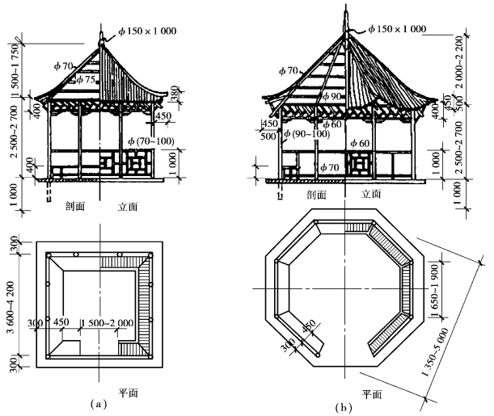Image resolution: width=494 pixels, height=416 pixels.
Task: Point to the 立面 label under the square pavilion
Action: [128, 207]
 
